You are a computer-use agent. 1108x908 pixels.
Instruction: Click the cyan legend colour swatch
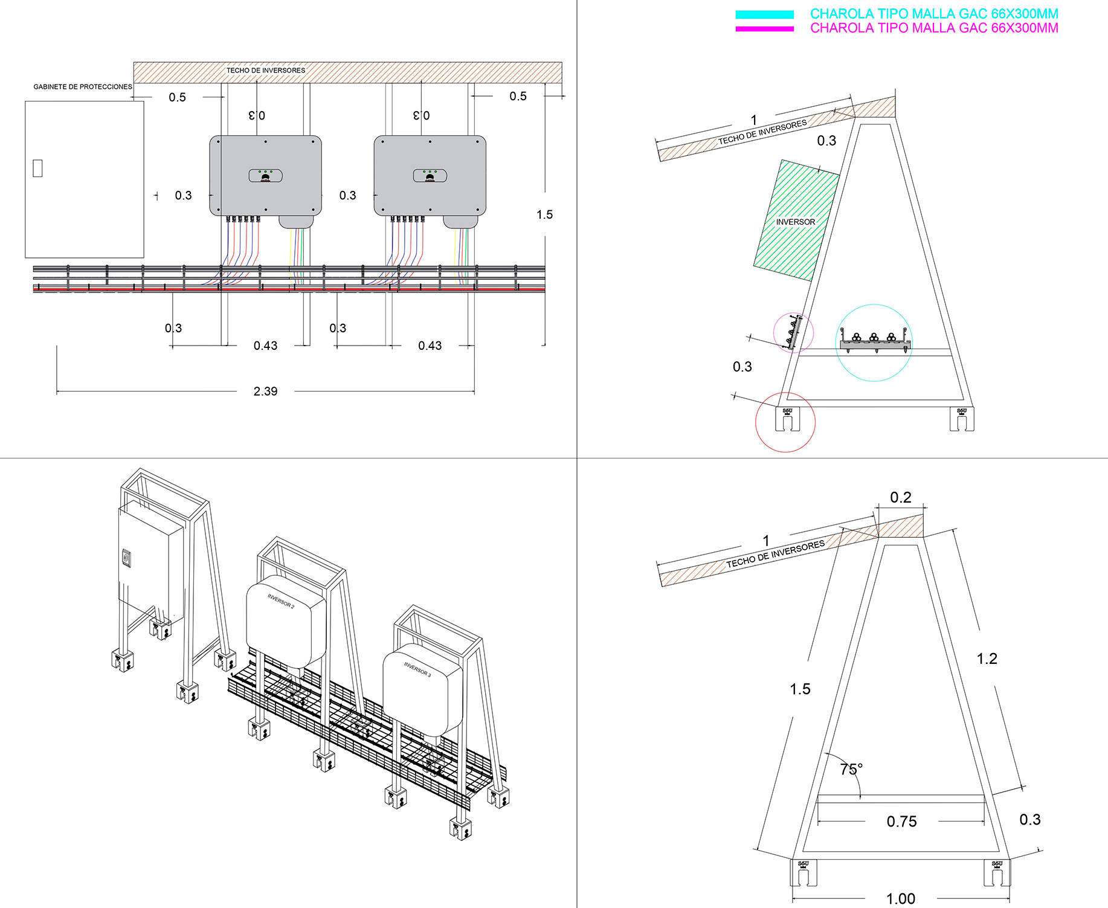[x=764, y=14]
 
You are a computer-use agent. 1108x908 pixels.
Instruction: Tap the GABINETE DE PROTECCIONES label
[x=83, y=87]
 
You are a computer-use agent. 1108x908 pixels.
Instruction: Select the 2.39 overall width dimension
[x=265, y=391]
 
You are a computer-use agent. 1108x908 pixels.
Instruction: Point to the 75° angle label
[x=851, y=769]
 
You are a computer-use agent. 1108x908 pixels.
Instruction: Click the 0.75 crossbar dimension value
[x=901, y=822]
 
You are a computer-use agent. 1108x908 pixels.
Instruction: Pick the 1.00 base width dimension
[x=900, y=899]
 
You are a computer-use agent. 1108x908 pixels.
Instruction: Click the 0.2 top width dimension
[x=900, y=497]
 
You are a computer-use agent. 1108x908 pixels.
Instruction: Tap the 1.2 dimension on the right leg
[x=987, y=658]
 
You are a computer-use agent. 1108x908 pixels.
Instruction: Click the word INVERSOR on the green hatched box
[x=796, y=222]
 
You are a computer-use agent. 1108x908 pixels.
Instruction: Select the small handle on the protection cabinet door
[x=37, y=168]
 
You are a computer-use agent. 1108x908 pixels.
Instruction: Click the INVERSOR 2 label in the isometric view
[x=281, y=601]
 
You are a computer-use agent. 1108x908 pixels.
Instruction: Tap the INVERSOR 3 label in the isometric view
[x=417, y=669]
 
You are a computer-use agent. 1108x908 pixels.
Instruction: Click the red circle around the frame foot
[x=785, y=422]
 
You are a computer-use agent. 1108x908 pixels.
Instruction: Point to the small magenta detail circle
[x=794, y=333]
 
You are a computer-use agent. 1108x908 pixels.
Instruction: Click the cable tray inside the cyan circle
[x=874, y=343]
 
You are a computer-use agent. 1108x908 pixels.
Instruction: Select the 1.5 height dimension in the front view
[x=544, y=214]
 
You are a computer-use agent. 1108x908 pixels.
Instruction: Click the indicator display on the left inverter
[x=266, y=176]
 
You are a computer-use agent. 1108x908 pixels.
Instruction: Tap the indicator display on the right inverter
[x=430, y=176]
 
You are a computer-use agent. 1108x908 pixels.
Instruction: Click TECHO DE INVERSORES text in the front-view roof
[x=266, y=71]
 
